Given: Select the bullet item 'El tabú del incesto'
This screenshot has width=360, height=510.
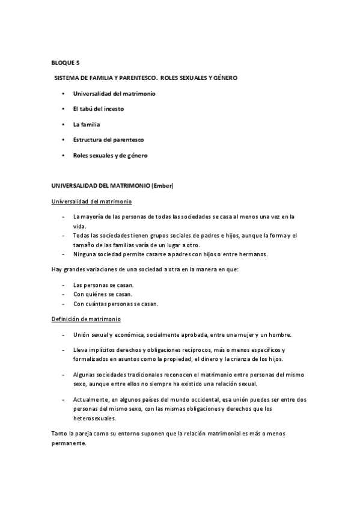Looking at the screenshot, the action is tap(99, 109).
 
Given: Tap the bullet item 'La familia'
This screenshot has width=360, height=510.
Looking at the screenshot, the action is tap(87, 124).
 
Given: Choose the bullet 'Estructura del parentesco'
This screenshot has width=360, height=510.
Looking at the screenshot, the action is tap(108, 140).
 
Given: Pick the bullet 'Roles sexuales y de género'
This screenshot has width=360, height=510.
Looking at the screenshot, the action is tap(110, 155).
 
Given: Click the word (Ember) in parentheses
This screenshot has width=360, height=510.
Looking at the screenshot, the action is tap(162, 186).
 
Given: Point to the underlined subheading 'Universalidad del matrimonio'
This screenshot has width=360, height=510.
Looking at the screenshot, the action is tap(91, 201).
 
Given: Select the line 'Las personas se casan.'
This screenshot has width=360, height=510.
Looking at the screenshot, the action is tap(103, 284).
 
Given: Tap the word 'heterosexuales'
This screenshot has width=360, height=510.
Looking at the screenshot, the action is tap(95, 419).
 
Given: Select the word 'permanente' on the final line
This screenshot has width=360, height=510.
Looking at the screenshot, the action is tap(68, 443).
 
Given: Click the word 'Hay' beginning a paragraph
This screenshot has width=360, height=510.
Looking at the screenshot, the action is tap(56, 269).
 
